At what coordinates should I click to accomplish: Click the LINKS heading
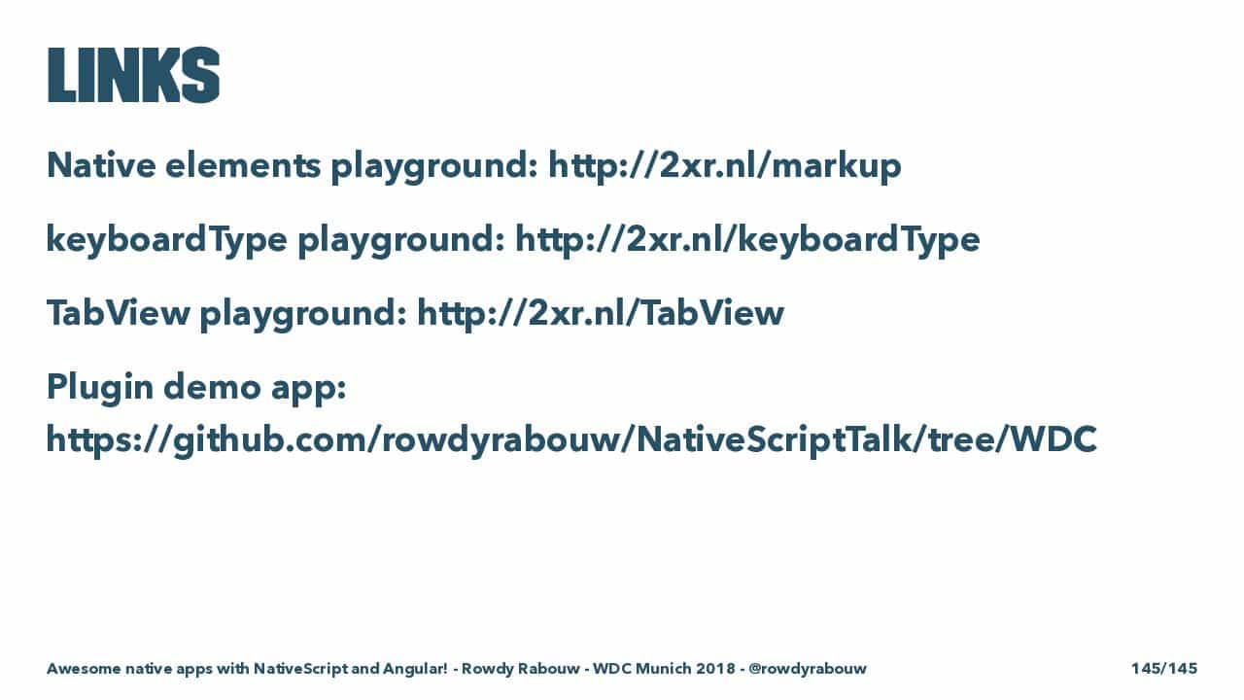click(x=133, y=75)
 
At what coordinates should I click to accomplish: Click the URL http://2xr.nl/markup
click(x=725, y=166)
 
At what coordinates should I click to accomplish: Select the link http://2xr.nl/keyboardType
click(x=747, y=240)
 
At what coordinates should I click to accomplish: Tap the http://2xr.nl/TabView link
click(x=601, y=313)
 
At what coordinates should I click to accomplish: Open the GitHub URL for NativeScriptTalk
click(x=571, y=440)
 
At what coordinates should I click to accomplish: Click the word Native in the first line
click(x=101, y=165)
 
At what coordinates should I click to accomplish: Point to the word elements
click(x=243, y=165)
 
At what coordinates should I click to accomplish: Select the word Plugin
click(x=100, y=387)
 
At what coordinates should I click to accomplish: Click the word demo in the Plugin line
click(x=212, y=387)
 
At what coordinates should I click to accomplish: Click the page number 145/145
click(x=1164, y=668)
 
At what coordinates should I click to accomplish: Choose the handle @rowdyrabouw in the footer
click(x=807, y=669)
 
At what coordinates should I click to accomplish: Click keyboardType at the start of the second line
click(x=166, y=240)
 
